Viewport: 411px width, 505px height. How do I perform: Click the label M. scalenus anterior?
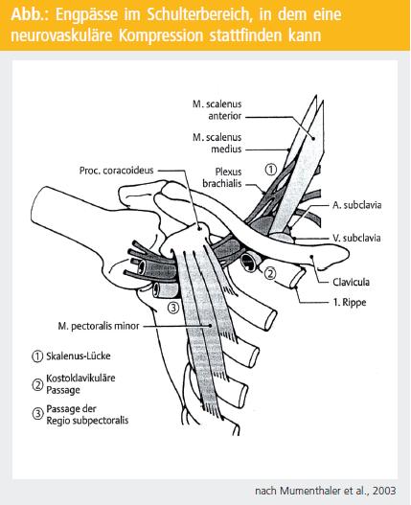pos(217,110)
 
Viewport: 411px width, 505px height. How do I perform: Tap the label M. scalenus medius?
pos(217,143)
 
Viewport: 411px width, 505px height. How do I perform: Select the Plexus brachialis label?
pos(222,177)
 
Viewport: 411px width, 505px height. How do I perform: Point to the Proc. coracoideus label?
pos(116,170)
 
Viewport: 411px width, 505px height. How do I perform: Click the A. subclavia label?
pos(357,205)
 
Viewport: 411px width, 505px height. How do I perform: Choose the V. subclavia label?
pos(356,238)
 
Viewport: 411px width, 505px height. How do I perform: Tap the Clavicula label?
pos(351,282)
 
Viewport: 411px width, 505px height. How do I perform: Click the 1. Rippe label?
pos(350,303)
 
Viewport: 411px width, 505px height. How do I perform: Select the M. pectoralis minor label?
pos(99,326)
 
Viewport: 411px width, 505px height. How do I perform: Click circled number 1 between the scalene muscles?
pos(271,170)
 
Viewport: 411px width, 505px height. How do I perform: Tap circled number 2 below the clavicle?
pos(270,273)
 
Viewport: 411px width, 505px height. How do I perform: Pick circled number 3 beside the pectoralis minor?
pos(173,308)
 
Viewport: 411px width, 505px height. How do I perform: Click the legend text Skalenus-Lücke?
pos(79,356)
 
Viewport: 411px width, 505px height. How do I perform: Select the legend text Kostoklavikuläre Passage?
pos(80,383)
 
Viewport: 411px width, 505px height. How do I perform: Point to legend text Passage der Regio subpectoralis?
pos(87,415)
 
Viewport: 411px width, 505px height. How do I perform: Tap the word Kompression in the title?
pos(161,35)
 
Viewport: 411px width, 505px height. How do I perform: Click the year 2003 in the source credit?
pos(384,491)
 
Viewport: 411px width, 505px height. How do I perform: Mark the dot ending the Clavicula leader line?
pos(311,257)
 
